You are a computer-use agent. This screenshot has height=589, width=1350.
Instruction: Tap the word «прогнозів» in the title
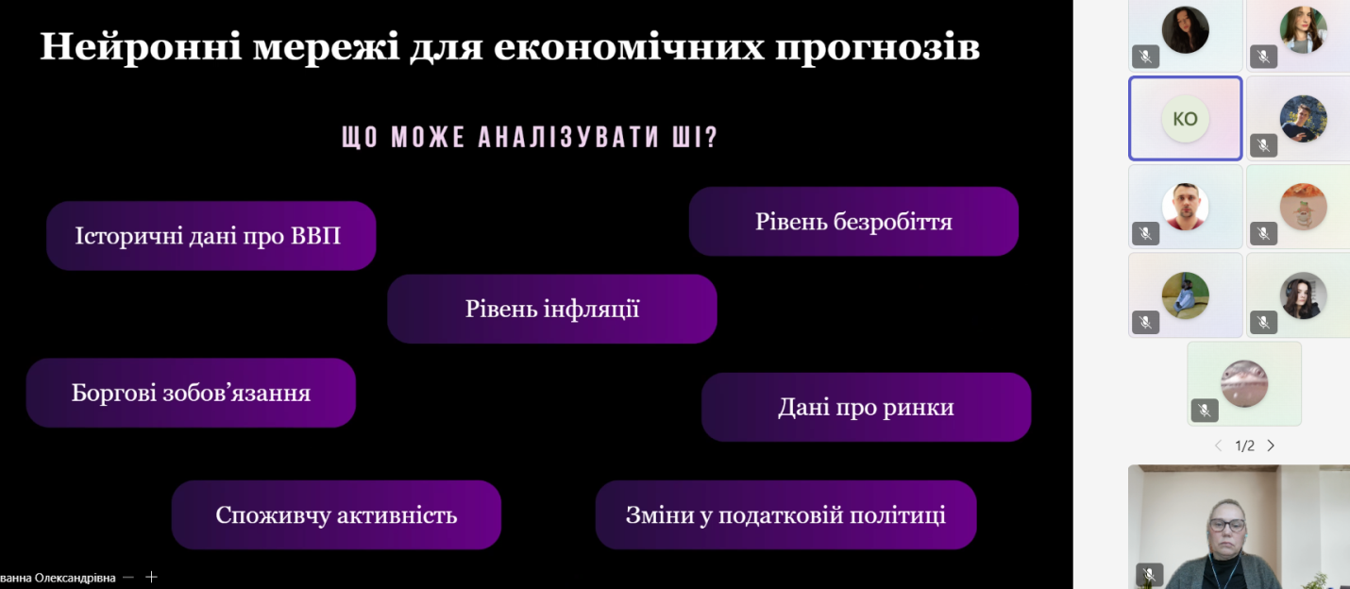(x=878, y=47)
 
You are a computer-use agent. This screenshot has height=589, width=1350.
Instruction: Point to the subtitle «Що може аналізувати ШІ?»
(x=530, y=138)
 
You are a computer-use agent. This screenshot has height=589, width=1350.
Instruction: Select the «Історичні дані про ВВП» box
(x=211, y=236)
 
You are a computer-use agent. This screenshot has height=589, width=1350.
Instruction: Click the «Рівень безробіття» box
(x=853, y=221)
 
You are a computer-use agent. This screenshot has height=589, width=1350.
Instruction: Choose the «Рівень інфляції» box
(x=552, y=309)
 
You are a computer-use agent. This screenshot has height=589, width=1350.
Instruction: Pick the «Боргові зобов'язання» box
(x=191, y=393)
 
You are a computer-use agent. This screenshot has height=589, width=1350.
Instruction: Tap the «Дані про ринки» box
(x=866, y=407)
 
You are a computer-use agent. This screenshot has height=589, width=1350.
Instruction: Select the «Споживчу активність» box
(x=336, y=514)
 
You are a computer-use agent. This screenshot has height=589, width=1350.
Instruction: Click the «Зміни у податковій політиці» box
(x=785, y=514)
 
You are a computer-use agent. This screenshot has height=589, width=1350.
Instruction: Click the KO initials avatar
(x=1185, y=119)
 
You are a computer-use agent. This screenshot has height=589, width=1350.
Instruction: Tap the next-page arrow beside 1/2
(x=1271, y=446)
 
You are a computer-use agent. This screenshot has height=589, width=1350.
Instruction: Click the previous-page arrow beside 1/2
(x=1218, y=446)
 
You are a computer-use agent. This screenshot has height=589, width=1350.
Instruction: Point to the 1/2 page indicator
(x=1244, y=446)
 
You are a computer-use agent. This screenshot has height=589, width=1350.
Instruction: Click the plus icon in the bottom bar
(x=151, y=578)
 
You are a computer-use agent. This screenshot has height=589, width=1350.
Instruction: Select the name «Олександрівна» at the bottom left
(x=75, y=579)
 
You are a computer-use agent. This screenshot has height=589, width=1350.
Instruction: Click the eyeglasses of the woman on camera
(x=1227, y=525)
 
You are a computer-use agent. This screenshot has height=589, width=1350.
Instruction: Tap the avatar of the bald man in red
(x=1185, y=207)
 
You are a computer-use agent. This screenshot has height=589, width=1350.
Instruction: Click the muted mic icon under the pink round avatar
(x=1205, y=411)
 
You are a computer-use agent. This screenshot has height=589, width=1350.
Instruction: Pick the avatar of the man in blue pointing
(x=1303, y=119)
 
